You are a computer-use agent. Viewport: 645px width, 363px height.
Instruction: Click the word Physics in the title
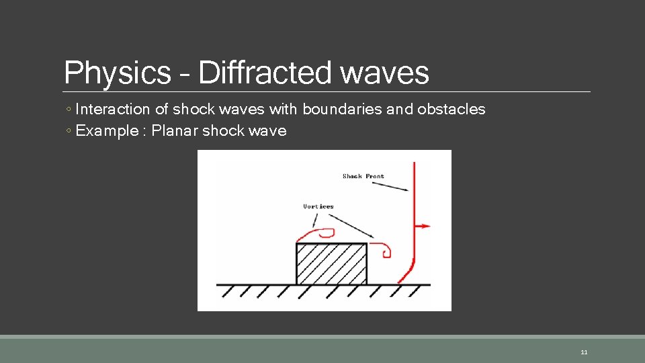(117, 73)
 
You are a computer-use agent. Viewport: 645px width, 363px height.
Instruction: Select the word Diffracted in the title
(265, 73)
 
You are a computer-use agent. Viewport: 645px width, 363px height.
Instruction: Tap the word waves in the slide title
(384, 73)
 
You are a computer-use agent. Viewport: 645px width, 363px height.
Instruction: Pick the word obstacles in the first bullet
(451, 109)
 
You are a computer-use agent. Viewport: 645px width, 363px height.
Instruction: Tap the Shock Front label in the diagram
(363, 176)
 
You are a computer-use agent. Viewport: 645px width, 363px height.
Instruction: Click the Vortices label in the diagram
(318, 206)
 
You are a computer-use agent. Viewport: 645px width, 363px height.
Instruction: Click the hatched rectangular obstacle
(331, 264)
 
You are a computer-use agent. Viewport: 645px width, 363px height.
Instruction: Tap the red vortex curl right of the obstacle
(384, 249)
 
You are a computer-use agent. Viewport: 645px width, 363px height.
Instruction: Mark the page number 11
(583, 352)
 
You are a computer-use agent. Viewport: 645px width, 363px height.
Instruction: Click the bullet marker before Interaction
(69, 110)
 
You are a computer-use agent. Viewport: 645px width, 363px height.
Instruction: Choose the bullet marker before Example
(69, 131)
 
